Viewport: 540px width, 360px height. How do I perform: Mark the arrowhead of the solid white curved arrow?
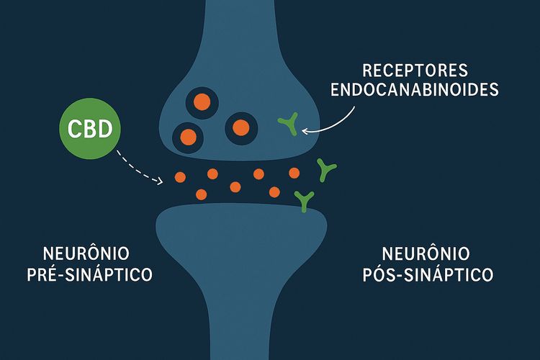[x=305, y=131]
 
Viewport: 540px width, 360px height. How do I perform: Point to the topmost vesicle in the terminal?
[x=203, y=102]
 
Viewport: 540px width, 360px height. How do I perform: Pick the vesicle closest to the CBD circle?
[x=187, y=135]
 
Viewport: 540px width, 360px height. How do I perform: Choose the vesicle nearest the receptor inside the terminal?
[x=240, y=127]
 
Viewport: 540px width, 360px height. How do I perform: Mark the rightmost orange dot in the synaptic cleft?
[x=294, y=172]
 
